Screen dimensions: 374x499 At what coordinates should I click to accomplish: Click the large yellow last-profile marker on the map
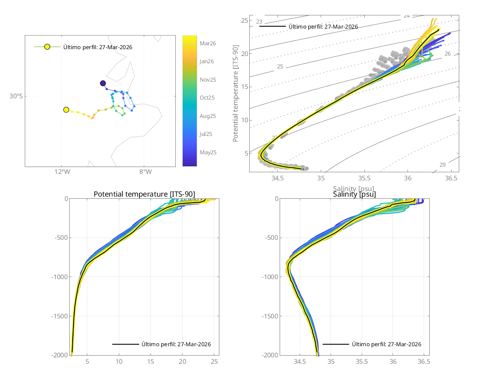pos(66,110)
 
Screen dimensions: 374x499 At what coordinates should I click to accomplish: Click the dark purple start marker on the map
pos(103,83)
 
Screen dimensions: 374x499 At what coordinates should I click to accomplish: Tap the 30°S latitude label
pos(16,96)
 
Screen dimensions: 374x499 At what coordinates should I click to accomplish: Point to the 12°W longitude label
pos(62,172)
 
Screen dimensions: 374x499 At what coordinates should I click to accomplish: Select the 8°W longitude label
pos(145,172)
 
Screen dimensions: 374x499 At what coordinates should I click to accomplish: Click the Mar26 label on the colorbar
pos(207,43)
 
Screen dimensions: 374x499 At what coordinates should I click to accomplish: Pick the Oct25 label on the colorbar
pos(207,97)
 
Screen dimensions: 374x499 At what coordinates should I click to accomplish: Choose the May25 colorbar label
pos(208,152)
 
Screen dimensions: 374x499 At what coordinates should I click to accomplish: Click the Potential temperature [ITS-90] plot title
pos(144,194)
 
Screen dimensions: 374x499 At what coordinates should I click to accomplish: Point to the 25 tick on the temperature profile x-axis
pos(215,362)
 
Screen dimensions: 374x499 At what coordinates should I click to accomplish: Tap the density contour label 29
pos(443,165)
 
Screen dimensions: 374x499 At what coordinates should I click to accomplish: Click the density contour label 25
pos(280,67)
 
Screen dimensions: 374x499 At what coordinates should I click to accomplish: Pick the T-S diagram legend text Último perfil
pos(323,27)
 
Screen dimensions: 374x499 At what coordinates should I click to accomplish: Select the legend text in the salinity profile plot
pos(387,344)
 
